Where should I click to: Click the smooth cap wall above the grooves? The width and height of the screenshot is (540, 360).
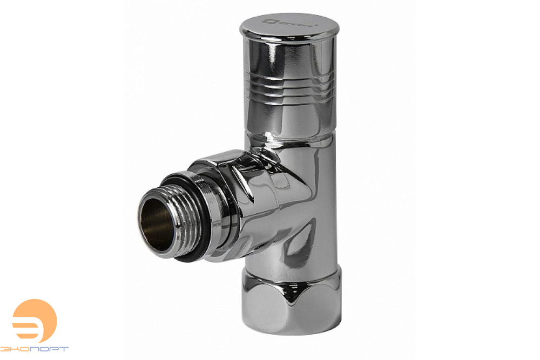pos(289,59)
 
